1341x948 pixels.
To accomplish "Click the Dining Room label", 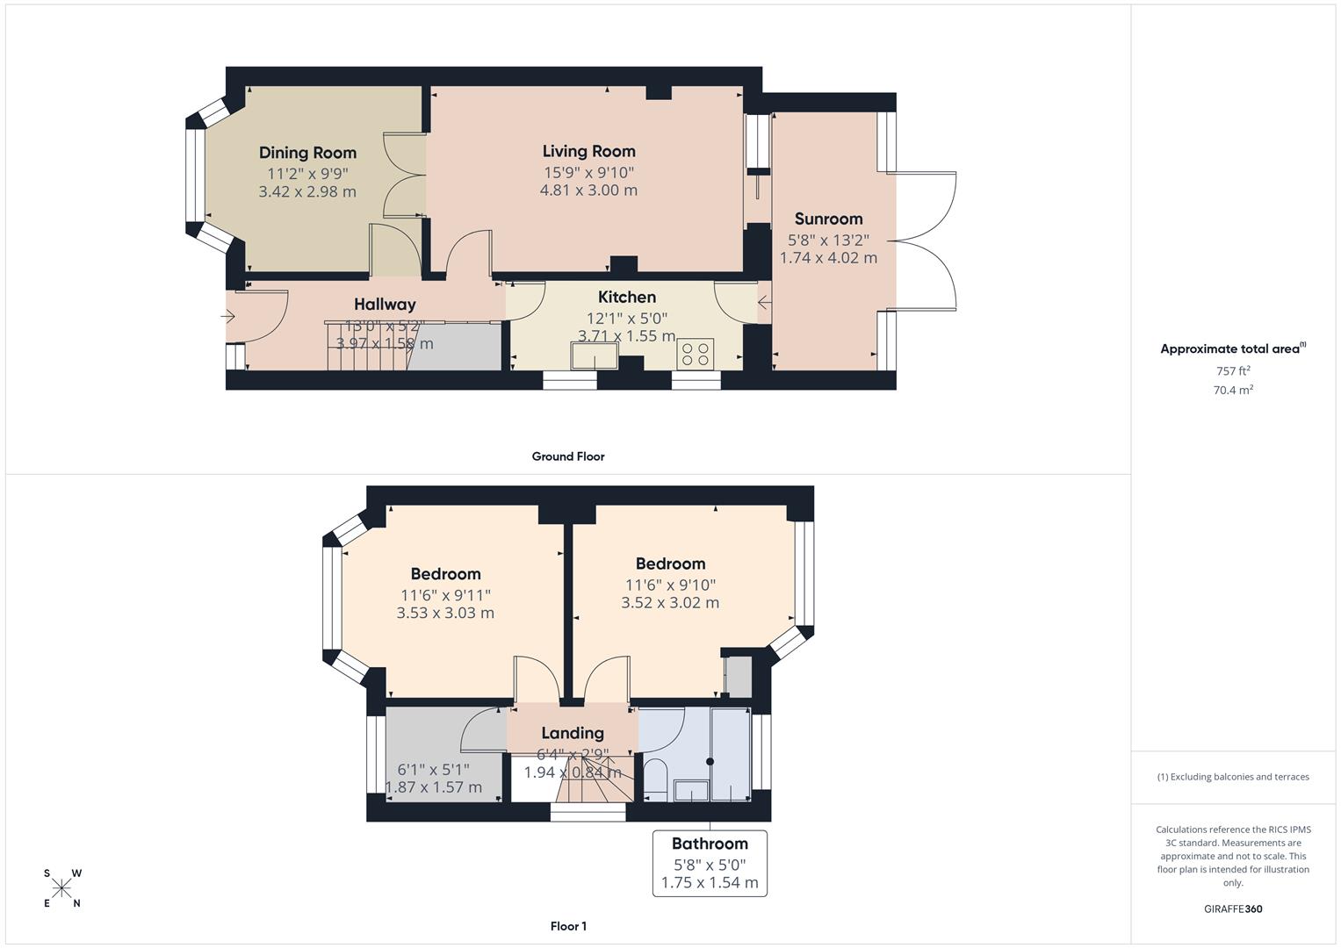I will click(x=307, y=153).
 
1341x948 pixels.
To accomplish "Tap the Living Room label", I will click(x=588, y=151).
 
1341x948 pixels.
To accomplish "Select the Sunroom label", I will click(x=828, y=219).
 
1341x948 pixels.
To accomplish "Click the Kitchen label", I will click(x=627, y=297).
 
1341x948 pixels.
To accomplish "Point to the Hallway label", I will click(x=385, y=305).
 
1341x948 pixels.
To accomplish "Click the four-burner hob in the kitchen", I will click(x=696, y=354).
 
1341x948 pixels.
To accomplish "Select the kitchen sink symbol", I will click(x=594, y=355).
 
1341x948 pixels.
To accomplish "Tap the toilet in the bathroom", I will click(x=655, y=779).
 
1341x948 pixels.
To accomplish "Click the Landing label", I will click(x=573, y=733).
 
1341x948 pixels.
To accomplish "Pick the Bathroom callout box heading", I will click(x=710, y=844).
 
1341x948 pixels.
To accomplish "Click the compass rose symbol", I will click(x=62, y=888).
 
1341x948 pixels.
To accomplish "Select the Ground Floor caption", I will click(x=568, y=456).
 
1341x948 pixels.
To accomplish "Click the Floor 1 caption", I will click(x=568, y=926).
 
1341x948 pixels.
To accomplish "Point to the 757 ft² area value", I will click(x=1233, y=371).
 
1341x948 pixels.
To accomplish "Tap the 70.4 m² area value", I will click(x=1233, y=391).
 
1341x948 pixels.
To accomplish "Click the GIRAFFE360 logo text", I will click(x=1233, y=908).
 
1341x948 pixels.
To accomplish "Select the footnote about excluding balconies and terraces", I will click(x=1233, y=777).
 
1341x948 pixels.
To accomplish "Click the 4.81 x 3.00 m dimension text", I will click(x=588, y=190).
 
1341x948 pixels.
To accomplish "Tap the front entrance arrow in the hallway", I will click(x=230, y=316).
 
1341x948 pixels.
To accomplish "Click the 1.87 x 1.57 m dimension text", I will click(x=434, y=787).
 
